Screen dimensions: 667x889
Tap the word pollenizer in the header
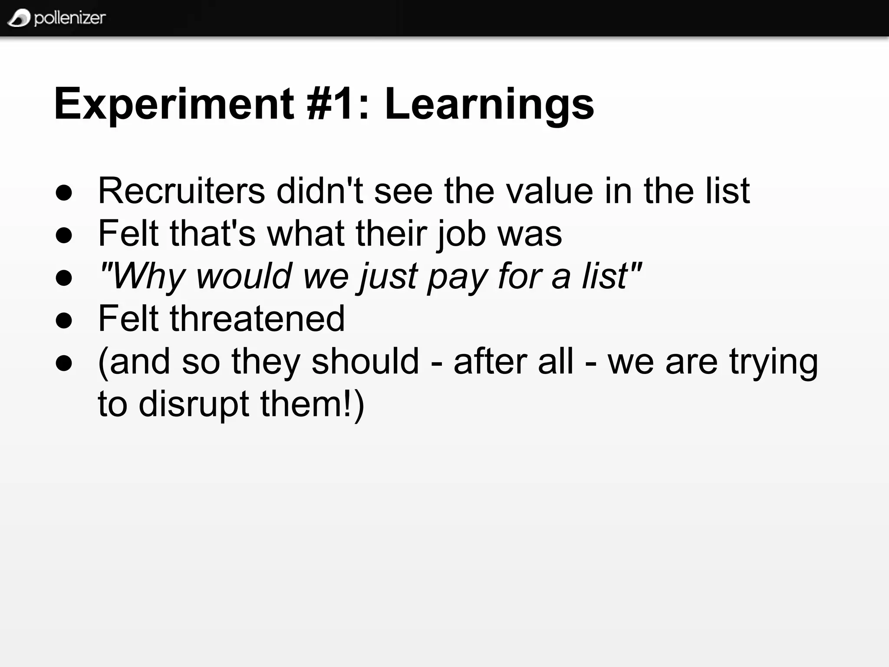click(x=69, y=18)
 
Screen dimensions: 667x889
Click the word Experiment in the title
click(x=174, y=104)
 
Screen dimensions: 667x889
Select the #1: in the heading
click(x=339, y=104)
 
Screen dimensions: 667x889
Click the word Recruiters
click(x=181, y=191)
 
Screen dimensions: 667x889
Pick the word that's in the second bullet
click(x=213, y=233)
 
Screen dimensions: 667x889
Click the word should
click(x=365, y=361)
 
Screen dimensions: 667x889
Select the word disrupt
click(x=194, y=404)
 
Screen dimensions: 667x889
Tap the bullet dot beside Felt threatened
click(x=64, y=320)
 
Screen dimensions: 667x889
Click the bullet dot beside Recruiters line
click(x=64, y=192)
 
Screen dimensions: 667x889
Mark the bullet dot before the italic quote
click(x=64, y=278)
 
